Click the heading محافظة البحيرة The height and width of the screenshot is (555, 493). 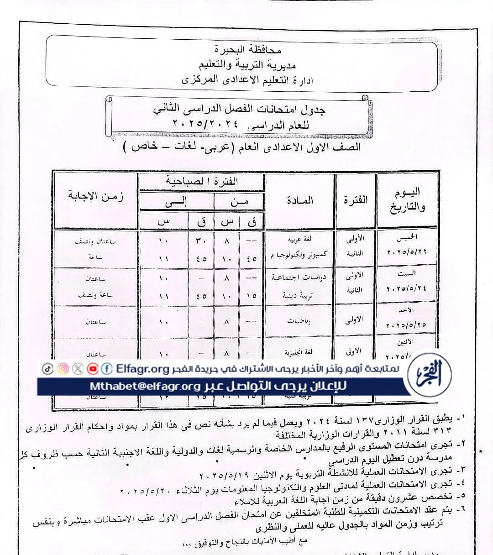[x=247, y=49]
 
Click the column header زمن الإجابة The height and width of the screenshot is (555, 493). [x=96, y=197]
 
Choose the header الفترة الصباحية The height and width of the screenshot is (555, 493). [x=202, y=182]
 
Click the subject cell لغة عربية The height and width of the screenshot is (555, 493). [x=299, y=239]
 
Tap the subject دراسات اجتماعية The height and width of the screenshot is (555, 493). [x=299, y=277]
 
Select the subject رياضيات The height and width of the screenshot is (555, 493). [x=299, y=321]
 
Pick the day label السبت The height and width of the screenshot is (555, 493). [x=407, y=273]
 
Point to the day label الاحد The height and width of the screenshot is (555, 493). [x=407, y=310]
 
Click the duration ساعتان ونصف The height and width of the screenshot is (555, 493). [x=96, y=241]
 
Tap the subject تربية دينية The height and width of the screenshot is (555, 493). [x=297, y=296]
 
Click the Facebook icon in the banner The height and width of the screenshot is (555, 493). [x=107, y=369]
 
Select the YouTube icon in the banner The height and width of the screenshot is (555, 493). [x=93, y=369]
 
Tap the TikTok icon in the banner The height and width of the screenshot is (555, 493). [x=47, y=369]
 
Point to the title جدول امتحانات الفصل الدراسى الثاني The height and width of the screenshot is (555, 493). [x=239, y=110]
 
